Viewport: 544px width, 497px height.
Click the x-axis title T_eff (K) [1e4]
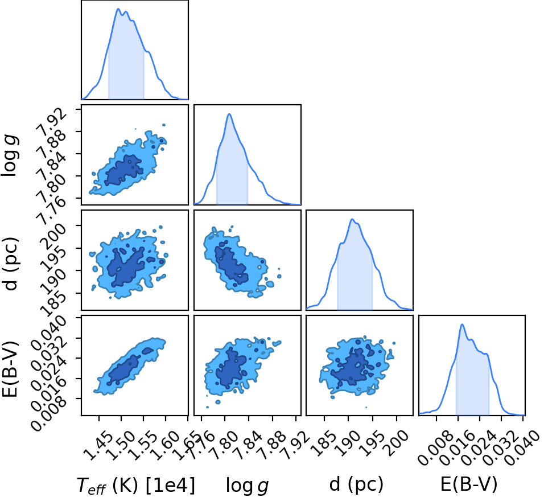136,485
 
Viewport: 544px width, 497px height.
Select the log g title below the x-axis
248,485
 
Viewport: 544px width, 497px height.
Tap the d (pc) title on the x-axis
356,484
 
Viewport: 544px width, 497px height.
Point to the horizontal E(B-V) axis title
469,484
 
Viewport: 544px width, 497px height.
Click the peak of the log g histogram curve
229,114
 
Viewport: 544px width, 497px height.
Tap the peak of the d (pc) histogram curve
352,219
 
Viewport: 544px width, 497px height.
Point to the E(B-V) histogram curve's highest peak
462,324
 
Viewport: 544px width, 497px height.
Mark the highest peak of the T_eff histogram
118,9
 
